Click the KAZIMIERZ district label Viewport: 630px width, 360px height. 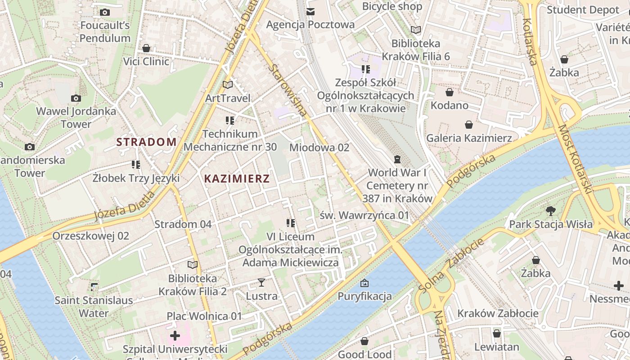(237, 179)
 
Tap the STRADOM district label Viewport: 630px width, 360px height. (146, 142)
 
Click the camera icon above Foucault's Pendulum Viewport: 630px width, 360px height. (105, 13)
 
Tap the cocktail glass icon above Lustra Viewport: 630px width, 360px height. (261, 283)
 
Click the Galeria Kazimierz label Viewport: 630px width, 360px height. (469, 138)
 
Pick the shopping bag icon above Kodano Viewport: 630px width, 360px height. (449, 93)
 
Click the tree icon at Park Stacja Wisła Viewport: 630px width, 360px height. (550, 211)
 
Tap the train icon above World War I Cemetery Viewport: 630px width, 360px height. (397, 159)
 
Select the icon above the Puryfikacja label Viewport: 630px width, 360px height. (364, 283)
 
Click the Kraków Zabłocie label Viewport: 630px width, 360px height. (498, 313)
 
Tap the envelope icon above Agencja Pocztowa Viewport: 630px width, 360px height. (310, 11)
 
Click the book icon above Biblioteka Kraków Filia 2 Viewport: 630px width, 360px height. (193, 265)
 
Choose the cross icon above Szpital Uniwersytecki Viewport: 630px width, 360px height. (175, 336)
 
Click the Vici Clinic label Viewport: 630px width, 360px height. (146, 61)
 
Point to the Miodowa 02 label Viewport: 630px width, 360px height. (319, 148)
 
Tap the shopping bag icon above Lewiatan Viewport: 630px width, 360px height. (497, 334)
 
